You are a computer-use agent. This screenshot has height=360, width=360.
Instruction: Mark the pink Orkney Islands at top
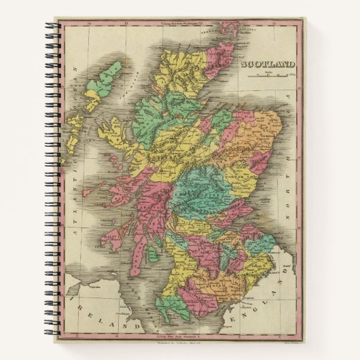(x=230, y=31)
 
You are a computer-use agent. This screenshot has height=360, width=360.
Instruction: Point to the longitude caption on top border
(x=179, y=25)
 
